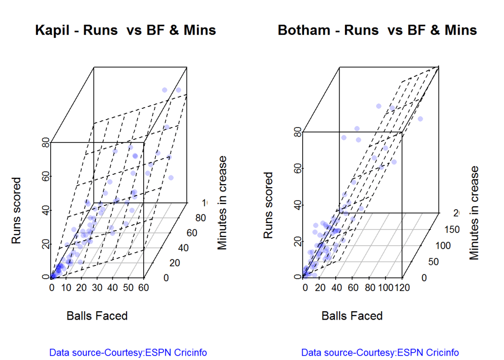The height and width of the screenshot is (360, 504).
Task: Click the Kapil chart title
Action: pos(126,31)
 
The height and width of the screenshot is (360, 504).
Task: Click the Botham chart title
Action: pos(377,31)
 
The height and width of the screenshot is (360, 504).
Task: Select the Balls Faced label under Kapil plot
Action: pos(97,316)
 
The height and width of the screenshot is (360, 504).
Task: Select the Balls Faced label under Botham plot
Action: pos(352,316)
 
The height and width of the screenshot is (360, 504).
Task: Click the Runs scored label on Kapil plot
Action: pos(16,210)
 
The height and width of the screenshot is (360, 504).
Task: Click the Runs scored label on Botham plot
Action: pos(268,205)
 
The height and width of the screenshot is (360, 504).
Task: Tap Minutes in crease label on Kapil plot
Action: pos(222,203)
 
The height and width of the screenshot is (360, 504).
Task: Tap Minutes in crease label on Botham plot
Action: pos(474,213)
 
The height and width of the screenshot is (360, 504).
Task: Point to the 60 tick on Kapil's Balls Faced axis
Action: pos(144,288)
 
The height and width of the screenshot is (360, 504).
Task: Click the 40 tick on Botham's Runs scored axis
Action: pos(297,205)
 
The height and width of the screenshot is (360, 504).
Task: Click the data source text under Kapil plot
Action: pos(128,353)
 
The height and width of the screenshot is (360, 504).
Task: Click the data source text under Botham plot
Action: pos(380,353)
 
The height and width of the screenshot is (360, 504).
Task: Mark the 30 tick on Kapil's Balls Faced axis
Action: pos(98,288)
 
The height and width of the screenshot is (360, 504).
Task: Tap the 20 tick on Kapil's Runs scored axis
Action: pos(46,244)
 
